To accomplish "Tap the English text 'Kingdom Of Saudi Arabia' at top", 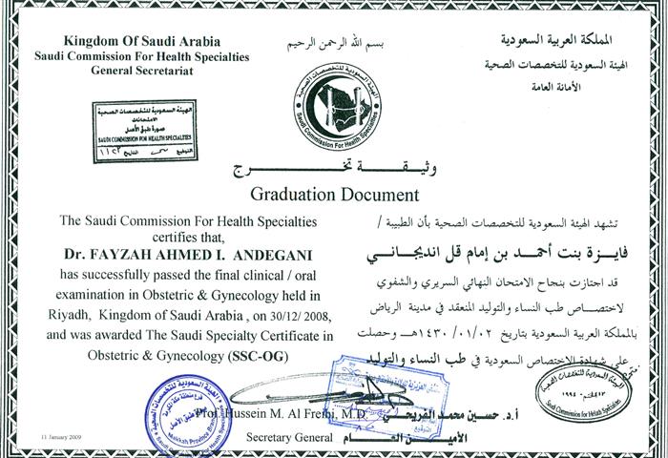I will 141,43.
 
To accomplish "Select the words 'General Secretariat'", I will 141,71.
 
